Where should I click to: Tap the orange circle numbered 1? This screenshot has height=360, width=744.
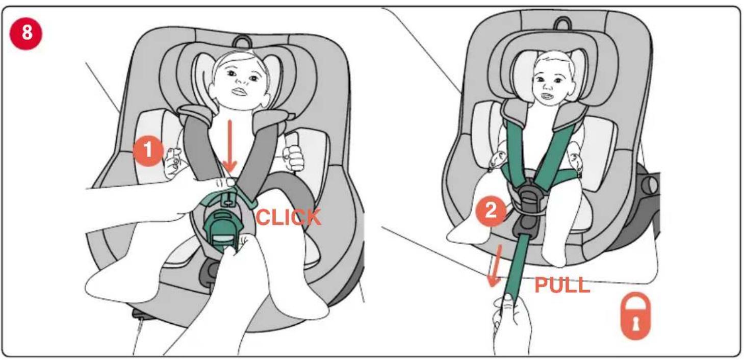pos(148,150)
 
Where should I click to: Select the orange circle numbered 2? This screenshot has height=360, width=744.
pos(491,211)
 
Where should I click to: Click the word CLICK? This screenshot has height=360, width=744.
pos(288,218)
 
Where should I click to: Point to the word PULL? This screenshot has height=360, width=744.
pos(562,285)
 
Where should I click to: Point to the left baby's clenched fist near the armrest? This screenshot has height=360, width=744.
pos(294,158)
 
